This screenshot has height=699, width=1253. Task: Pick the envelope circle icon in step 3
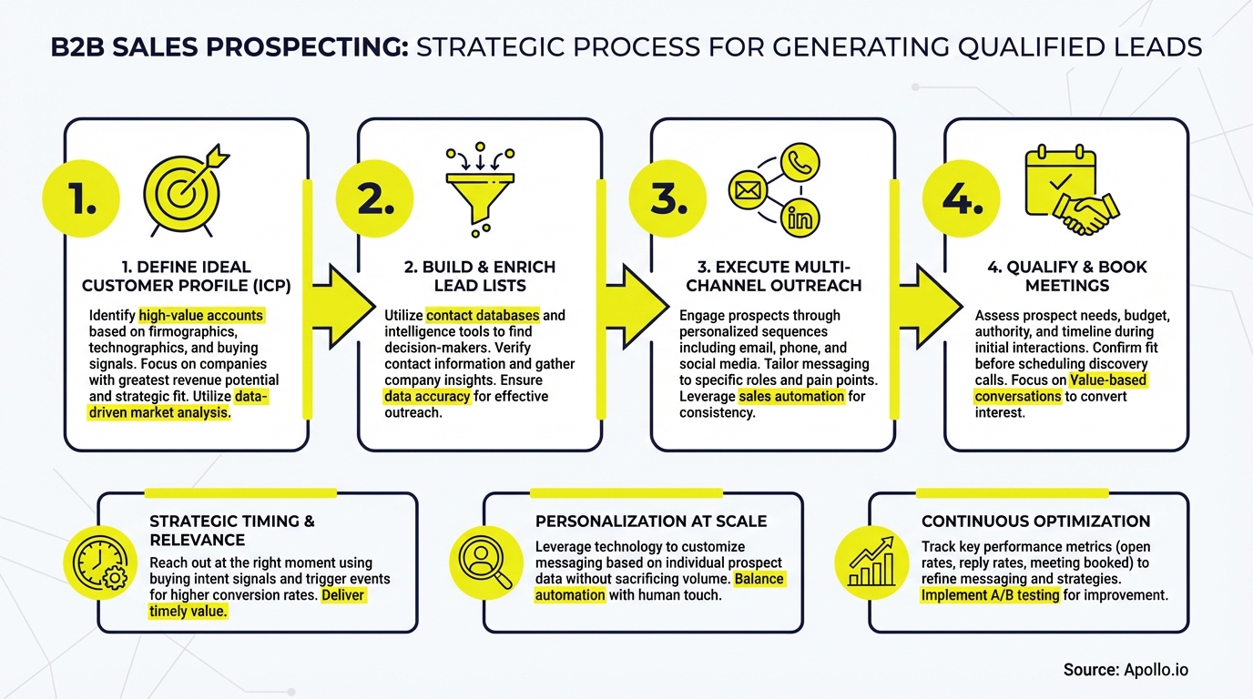point(749,190)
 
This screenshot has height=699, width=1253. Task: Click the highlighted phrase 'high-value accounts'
point(202,316)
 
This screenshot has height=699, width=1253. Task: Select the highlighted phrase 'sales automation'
point(790,397)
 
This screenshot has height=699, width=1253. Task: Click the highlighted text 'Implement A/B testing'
point(991,595)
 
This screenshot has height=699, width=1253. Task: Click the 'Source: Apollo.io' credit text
point(1126,670)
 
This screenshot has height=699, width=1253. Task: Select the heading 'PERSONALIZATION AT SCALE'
point(651,522)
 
